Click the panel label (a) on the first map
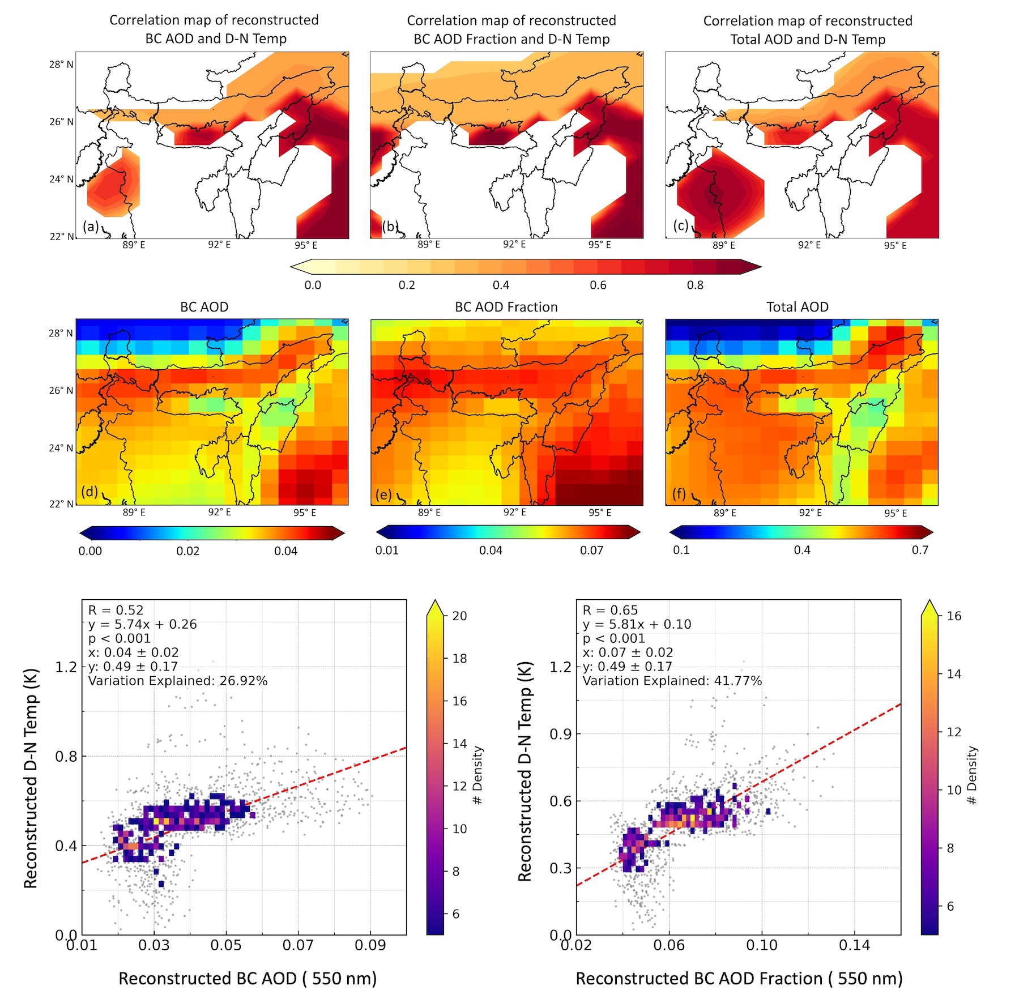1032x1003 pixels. (91, 227)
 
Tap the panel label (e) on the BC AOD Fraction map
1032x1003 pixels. (383, 494)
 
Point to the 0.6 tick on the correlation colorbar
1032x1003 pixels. (598, 285)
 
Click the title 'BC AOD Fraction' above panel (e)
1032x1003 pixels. (506, 307)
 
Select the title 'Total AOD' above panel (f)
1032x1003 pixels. (797, 307)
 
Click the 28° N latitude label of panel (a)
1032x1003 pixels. (61, 65)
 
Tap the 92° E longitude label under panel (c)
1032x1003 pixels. (809, 245)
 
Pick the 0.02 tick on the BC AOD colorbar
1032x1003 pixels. (187, 551)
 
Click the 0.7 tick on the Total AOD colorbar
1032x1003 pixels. (920, 550)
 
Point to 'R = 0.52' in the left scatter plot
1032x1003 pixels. (116, 610)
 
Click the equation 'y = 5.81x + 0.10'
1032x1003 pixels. (637, 624)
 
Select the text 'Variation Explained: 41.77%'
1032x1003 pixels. (672, 681)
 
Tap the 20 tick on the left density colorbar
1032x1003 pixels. (459, 616)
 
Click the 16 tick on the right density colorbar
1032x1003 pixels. (954, 616)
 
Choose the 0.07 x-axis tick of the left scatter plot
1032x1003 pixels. (298, 945)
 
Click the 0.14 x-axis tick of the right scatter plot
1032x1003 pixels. (854, 945)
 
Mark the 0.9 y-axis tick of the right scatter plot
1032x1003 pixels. (561, 734)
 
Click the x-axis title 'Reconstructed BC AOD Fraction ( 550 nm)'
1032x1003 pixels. (739, 979)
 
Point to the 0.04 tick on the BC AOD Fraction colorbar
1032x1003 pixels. (491, 550)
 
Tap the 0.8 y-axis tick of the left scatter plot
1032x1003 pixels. (66, 756)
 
